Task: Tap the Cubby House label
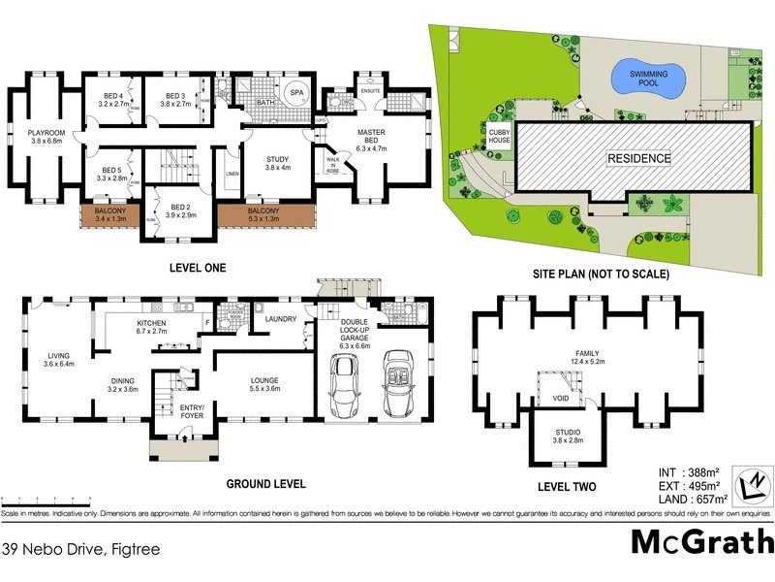click(x=499, y=136)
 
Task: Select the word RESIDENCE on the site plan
click(x=637, y=157)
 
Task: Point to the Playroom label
click(x=46, y=135)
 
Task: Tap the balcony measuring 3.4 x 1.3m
click(x=109, y=215)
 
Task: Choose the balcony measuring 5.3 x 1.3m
click(x=263, y=215)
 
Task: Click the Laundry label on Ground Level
click(x=281, y=319)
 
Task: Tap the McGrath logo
click(x=702, y=541)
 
